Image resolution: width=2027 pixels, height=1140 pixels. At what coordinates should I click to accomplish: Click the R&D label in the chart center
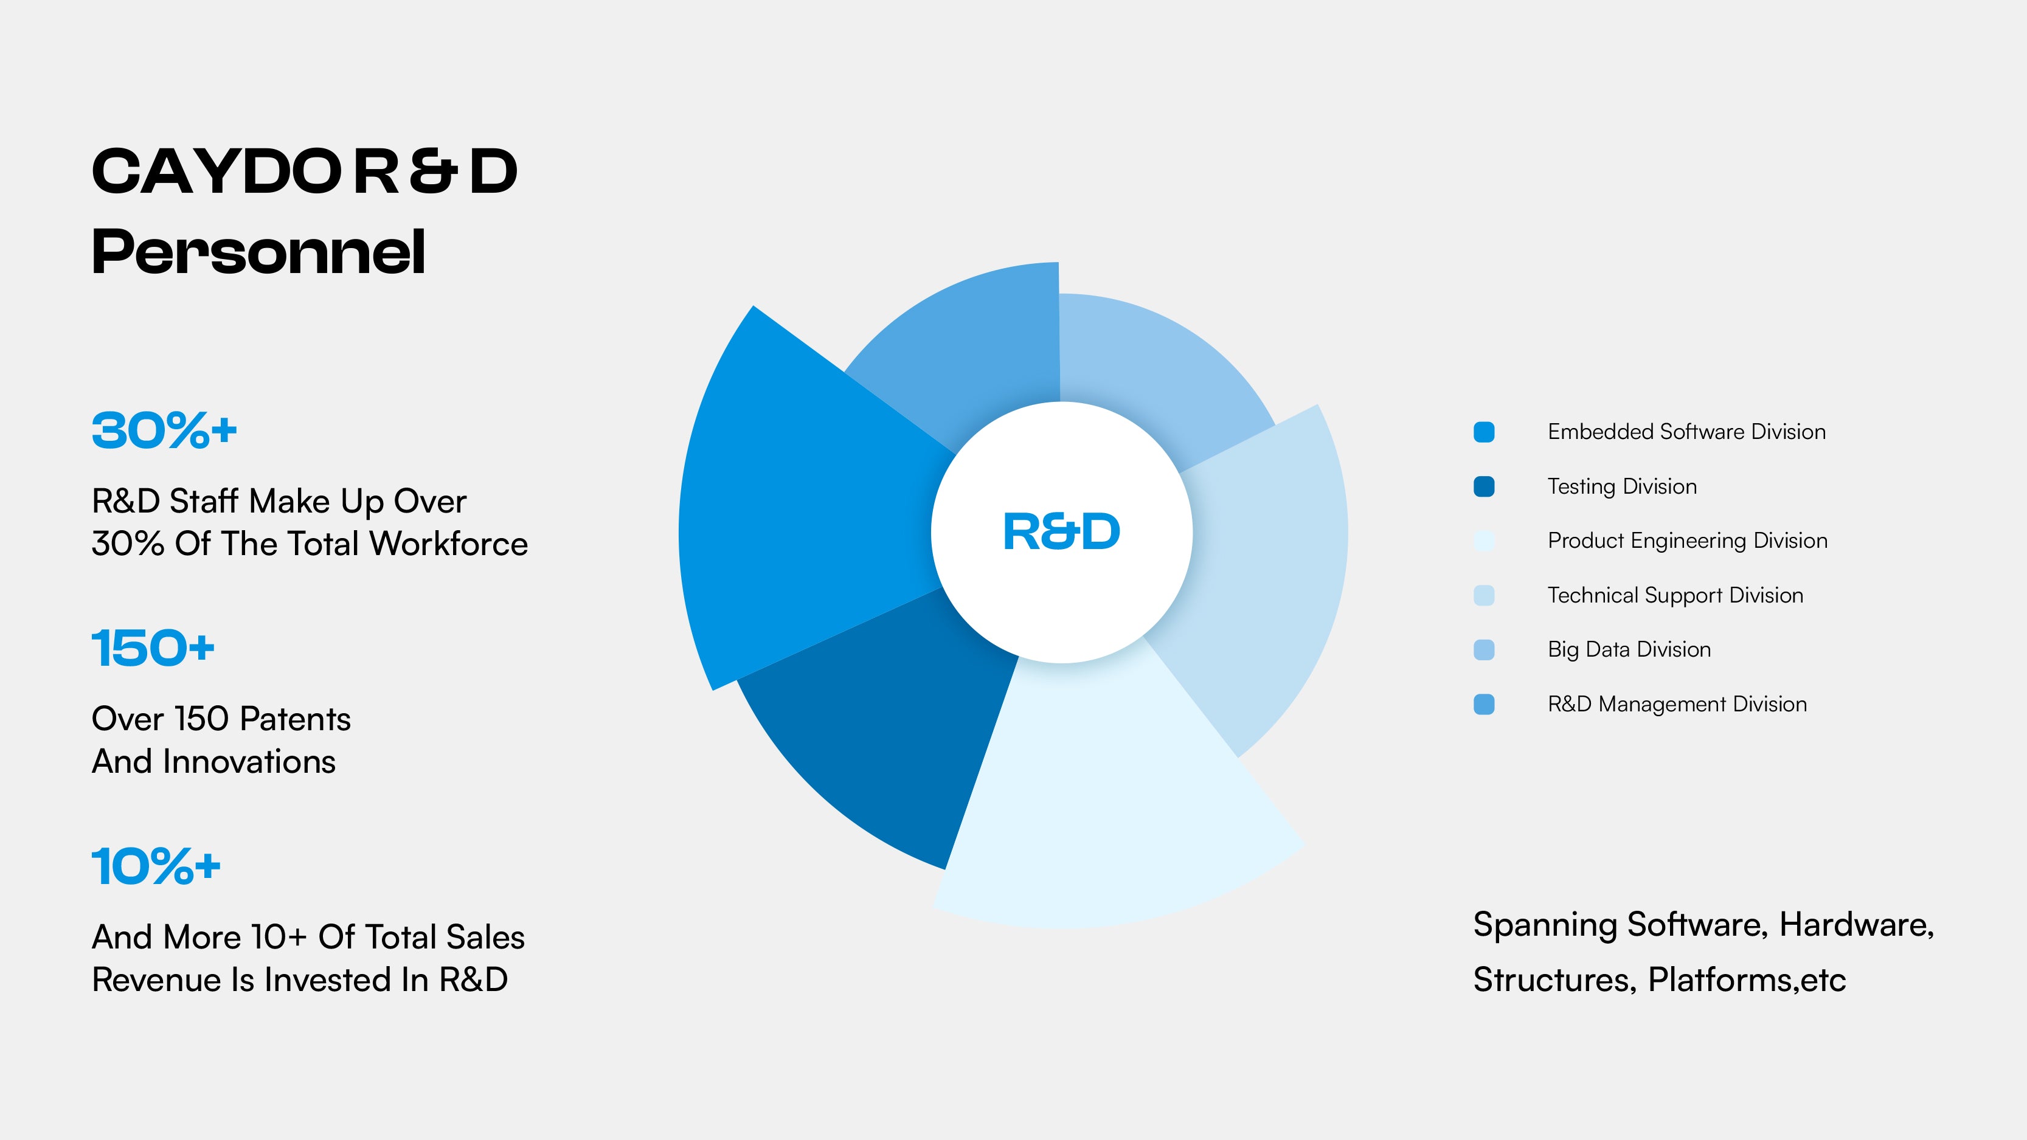[x=1061, y=532]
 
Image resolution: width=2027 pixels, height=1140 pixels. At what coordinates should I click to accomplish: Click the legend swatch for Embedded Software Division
[x=1484, y=432]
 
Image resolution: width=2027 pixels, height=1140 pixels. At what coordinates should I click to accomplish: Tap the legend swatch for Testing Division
[x=1484, y=486]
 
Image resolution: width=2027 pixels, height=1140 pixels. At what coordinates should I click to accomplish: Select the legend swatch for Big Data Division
[x=1484, y=650]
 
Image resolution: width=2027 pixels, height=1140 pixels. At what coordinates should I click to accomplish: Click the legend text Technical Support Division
[x=1675, y=596]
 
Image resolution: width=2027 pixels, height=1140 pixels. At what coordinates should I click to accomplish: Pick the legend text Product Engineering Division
[x=1687, y=541]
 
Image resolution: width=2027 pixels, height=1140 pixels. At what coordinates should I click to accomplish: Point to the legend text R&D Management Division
[x=1677, y=704]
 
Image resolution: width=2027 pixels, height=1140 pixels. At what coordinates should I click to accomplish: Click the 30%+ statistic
[x=164, y=430]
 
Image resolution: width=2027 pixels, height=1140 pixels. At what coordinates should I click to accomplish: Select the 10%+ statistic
[x=156, y=866]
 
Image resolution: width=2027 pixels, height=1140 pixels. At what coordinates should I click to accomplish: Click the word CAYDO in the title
[x=217, y=171]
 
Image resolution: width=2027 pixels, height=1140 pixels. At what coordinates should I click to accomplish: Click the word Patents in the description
[x=295, y=719]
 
